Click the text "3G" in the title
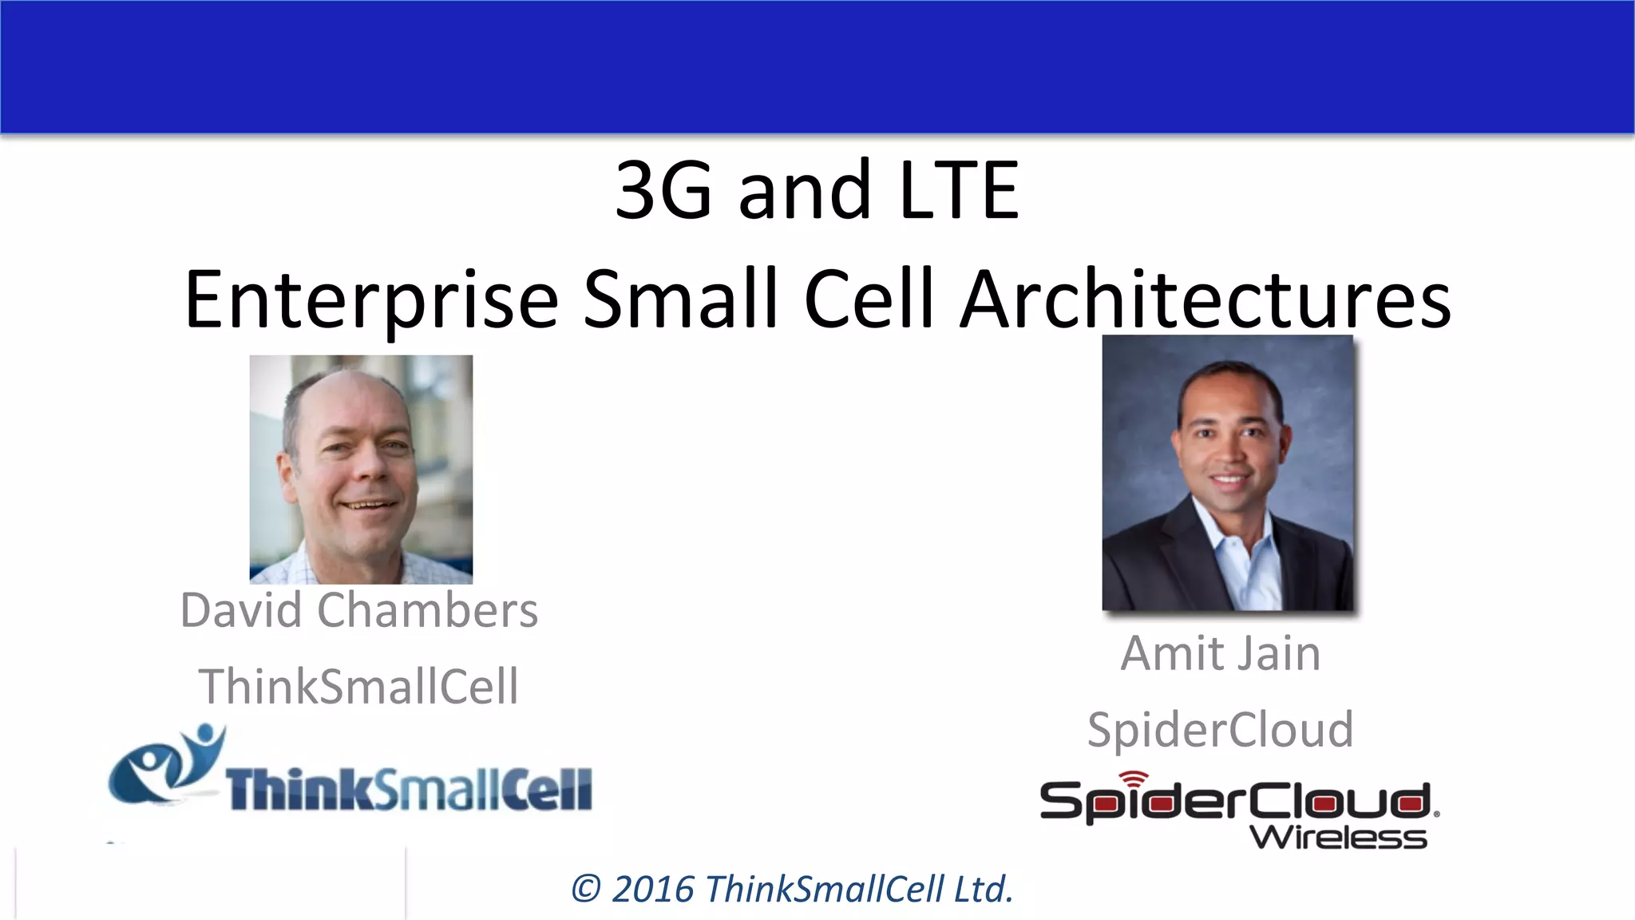click(x=663, y=191)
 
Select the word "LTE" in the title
click(x=958, y=191)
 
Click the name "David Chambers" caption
click(x=359, y=611)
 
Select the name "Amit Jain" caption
click(x=1220, y=654)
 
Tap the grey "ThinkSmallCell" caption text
click(x=359, y=687)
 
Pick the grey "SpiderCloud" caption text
click(x=1220, y=730)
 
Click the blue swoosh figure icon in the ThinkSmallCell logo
click(x=168, y=763)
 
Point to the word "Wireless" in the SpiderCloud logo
click(x=1338, y=838)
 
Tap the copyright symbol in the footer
click(x=587, y=890)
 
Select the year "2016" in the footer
click(x=653, y=890)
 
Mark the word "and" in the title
click(x=804, y=191)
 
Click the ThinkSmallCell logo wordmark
click(x=409, y=790)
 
